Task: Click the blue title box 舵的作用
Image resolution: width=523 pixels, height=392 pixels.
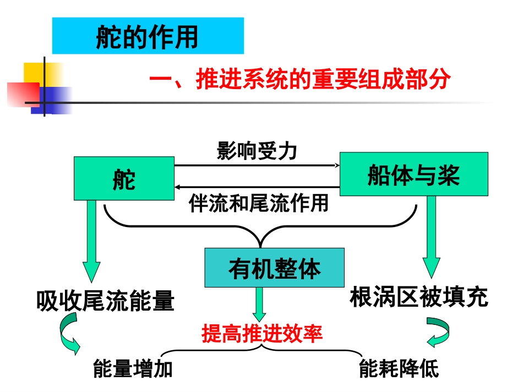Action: coord(148,36)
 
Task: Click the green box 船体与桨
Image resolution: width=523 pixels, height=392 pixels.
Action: coord(413,174)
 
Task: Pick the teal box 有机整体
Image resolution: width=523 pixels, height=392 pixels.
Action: coord(274,268)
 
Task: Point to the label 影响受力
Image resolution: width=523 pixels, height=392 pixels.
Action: coord(257,151)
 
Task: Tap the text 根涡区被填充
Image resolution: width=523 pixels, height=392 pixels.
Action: coord(418,297)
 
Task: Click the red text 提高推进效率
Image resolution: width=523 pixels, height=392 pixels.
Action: coord(261,334)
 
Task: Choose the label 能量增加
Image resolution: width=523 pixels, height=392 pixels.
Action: coord(133,368)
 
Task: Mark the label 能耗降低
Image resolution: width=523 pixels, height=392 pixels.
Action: coord(399,368)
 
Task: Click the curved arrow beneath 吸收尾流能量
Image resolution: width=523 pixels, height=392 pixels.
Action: coord(69,336)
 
